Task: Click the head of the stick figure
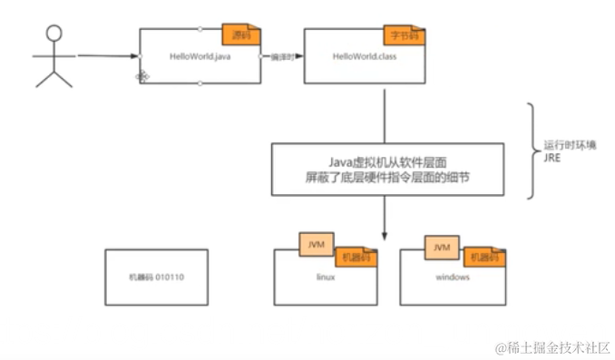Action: coord(54,34)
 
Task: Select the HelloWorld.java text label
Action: coord(198,56)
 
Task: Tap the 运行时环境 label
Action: coord(569,145)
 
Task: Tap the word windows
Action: coord(453,277)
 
